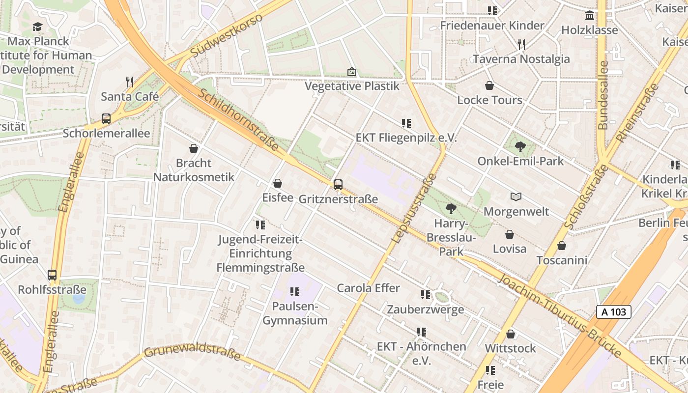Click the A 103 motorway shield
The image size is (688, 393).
click(613, 311)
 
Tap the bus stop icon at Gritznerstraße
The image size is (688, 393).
click(338, 185)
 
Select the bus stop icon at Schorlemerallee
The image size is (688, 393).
click(106, 118)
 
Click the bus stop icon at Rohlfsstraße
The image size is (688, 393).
click(52, 275)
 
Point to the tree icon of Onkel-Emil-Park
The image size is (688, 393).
click(520, 146)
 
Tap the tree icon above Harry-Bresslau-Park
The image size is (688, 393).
click(451, 209)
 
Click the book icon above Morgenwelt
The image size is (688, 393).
click(516, 197)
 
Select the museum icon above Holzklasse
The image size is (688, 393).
click(589, 15)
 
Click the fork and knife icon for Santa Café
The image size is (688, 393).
click(129, 82)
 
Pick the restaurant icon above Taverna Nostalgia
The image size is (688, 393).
click(521, 45)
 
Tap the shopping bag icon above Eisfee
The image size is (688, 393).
click(278, 183)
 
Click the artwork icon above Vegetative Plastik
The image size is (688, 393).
click(351, 72)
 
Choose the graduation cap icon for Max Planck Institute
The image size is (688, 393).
click(38, 27)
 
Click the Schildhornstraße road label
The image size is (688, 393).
click(238, 120)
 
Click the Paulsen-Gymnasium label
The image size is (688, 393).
click(295, 313)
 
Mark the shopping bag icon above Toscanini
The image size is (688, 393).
click(561, 245)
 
